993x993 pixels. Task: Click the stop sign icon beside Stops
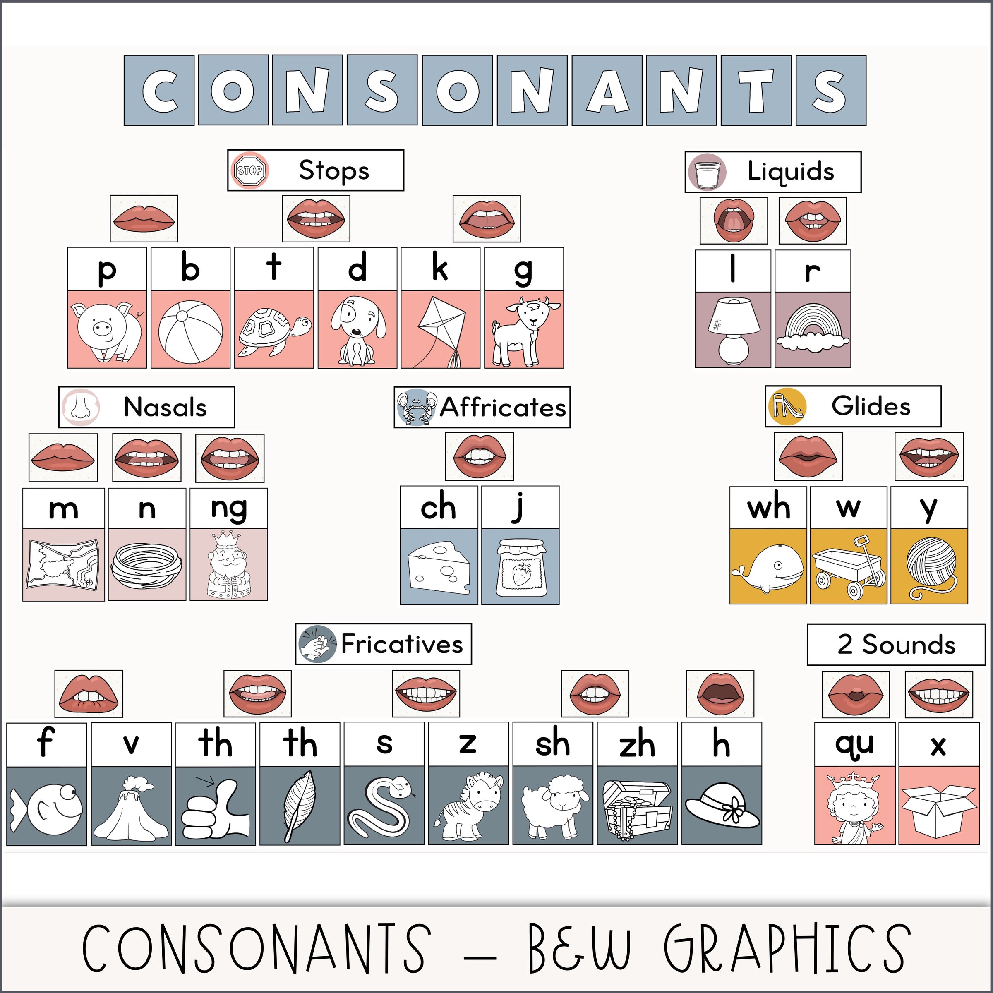[250, 170]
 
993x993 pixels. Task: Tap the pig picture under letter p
[107, 329]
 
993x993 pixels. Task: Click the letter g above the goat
[523, 270]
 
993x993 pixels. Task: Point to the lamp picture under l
[732, 329]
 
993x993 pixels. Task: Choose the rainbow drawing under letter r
[813, 329]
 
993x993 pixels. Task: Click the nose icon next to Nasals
[80, 407]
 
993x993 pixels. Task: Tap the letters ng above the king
[229, 508]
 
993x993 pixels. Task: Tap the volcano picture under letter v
[131, 807]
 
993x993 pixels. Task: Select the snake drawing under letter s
[383, 807]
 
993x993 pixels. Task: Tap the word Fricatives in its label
[402, 644]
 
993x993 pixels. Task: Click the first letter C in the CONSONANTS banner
[159, 91]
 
